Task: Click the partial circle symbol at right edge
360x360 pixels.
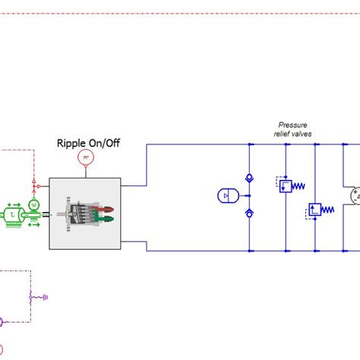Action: [355, 197]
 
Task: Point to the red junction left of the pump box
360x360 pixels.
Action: [36, 185]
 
